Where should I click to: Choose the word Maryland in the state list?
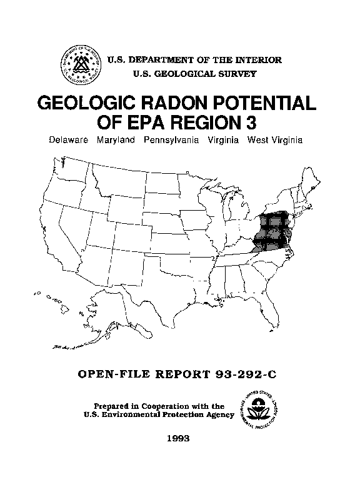tap(116, 141)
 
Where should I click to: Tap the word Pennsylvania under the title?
tap(171, 141)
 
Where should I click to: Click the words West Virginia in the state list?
tap(274, 141)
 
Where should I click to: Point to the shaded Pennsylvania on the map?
tap(275, 221)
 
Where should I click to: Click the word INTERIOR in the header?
tap(259, 60)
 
